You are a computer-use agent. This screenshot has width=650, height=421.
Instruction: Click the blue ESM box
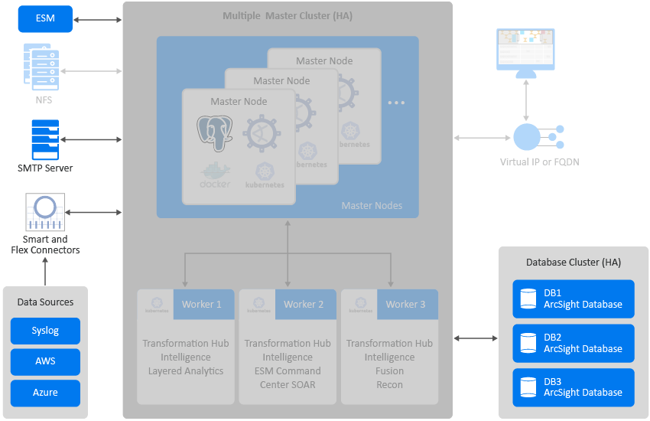coord(45,18)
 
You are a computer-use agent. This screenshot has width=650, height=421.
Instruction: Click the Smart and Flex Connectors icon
coord(45,211)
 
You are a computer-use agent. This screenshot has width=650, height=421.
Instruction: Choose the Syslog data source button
coord(45,331)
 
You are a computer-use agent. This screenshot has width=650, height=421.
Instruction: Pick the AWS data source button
coord(45,361)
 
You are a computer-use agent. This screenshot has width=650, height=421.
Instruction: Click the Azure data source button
coord(45,393)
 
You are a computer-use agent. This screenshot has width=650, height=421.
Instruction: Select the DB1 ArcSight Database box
coord(574,299)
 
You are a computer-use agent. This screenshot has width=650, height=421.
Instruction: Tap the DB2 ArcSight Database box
coord(574,343)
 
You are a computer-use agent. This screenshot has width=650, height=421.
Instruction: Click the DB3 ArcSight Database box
coord(574,387)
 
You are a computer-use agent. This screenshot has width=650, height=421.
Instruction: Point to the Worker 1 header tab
coord(202,304)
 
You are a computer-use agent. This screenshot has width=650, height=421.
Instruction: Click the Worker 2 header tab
coord(304,304)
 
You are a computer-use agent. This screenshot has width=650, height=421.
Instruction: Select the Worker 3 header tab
coord(405,304)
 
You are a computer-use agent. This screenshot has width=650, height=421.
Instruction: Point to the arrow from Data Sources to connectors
coord(45,270)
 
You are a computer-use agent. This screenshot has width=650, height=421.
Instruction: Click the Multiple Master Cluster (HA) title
coord(288,16)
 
